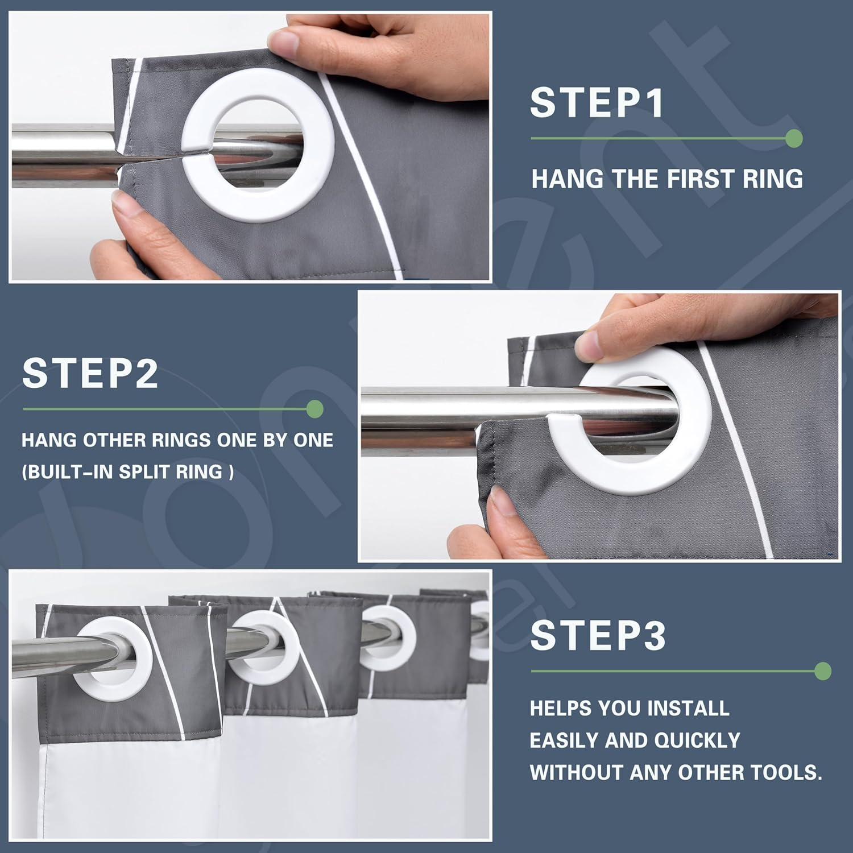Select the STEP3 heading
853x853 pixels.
pyautogui.click(x=598, y=635)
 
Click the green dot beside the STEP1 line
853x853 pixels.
pyautogui.click(x=794, y=138)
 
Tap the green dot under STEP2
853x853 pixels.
pyautogui.click(x=314, y=409)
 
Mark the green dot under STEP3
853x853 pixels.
pyautogui.click(x=822, y=671)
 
